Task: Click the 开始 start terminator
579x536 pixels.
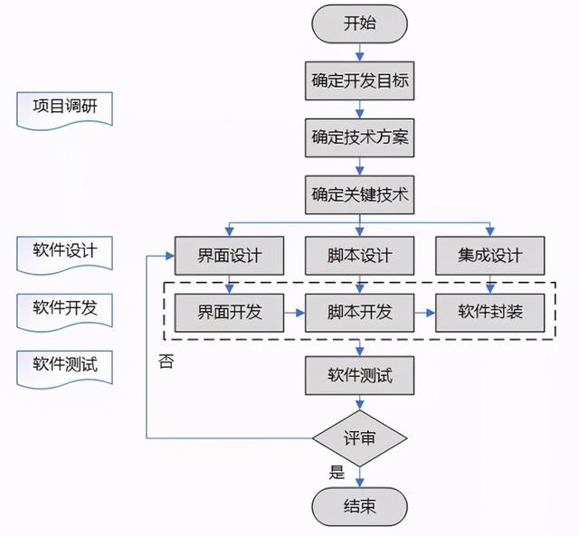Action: [360, 24]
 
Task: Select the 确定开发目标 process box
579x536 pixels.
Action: [360, 82]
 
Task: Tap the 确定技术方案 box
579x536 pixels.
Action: [360, 137]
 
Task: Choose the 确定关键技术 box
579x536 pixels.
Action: [360, 193]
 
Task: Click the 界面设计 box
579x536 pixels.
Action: [229, 256]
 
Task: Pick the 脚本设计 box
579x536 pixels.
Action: [360, 256]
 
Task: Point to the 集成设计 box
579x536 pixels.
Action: [490, 256]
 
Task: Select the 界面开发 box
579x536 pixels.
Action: [229, 313]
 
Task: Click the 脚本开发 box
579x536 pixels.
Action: [360, 313]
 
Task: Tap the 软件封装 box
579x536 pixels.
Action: [490, 313]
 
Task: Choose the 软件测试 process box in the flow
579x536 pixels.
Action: [360, 373]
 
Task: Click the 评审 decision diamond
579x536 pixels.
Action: [360, 437]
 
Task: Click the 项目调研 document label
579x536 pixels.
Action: [65, 108]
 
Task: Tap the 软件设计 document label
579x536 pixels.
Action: [65, 249]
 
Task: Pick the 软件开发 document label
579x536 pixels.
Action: [65, 307]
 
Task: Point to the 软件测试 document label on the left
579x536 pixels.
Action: [65, 364]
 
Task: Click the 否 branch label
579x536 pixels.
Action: [166, 362]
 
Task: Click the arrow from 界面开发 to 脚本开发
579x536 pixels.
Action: [294, 313]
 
